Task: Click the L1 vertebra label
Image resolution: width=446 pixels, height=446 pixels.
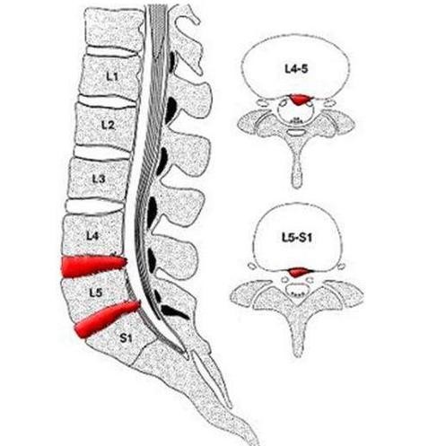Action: click(x=112, y=77)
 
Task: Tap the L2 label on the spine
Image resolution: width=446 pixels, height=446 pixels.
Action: click(x=108, y=125)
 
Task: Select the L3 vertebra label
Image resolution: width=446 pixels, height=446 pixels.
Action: click(x=99, y=179)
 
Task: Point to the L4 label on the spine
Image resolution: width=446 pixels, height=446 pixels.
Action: click(x=92, y=236)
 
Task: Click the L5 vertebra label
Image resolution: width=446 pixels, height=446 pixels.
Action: click(x=96, y=293)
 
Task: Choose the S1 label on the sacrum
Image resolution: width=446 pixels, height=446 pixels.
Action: click(x=126, y=338)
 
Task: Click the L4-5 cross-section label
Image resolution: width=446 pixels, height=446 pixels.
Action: click(x=296, y=69)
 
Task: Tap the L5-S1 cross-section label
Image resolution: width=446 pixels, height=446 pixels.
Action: click(x=297, y=238)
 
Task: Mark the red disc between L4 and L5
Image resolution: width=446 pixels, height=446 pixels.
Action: click(x=93, y=266)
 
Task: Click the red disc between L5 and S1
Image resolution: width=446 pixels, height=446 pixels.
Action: click(x=106, y=319)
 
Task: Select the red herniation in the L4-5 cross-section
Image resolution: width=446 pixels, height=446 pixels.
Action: click(x=299, y=100)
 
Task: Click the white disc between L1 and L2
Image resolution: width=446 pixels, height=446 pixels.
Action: click(x=108, y=101)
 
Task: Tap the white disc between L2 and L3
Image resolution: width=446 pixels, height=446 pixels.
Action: click(x=102, y=152)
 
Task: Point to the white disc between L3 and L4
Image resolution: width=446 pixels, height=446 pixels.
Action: click(x=95, y=206)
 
